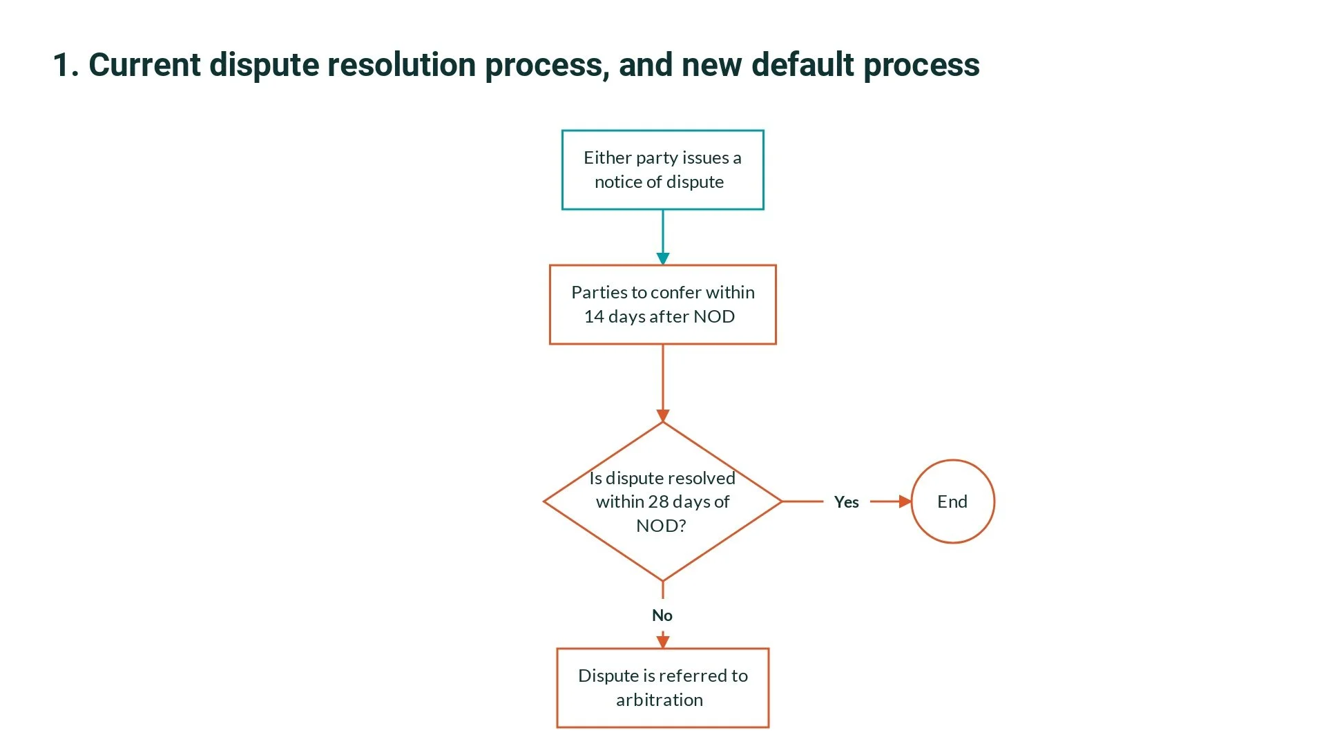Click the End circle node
pos(952,501)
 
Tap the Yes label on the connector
pos(846,502)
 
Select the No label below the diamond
pos(662,615)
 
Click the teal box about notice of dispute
pos(662,170)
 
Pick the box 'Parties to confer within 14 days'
pos(662,305)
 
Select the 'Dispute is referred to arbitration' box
pos(662,688)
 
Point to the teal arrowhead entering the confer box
pos(663,259)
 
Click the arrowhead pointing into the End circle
pos(905,501)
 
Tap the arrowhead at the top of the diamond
pos(663,416)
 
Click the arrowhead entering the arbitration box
pos(663,642)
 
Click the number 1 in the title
pos(61,66)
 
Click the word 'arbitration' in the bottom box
pos(660,700)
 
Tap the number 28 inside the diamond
pos(658,501)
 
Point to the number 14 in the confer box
pos(594,316)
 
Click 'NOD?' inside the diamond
pos(661,526)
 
